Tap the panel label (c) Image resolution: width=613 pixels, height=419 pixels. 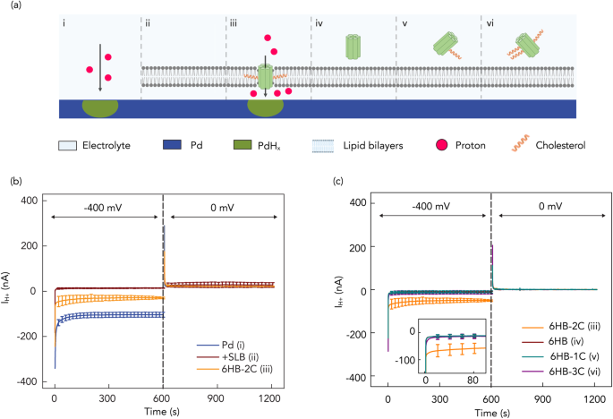pyautogui.click(x=336, y=182)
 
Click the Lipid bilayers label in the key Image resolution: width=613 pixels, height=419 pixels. pyautogui.click(x=353, y=144)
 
